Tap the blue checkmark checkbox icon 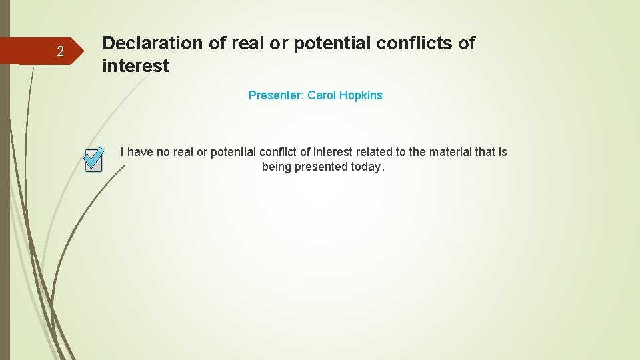94,160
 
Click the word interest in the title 135,66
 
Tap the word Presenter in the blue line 275,95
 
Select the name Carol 321,95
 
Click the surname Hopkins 361,95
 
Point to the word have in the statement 140,152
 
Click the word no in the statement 163,152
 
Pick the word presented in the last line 322,167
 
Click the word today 369,167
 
